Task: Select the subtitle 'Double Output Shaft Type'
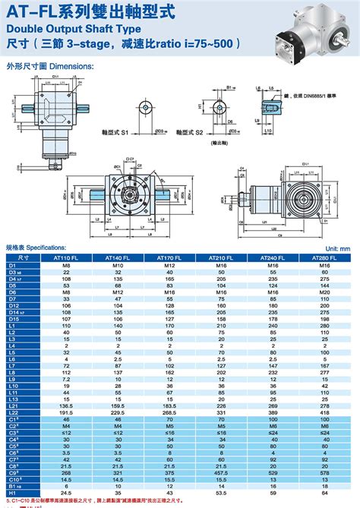click(65, 29)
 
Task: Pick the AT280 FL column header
click(327, 257)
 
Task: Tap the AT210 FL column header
click(223, 257)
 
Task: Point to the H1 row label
click(13, 492)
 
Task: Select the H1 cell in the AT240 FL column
click(275, 492)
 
